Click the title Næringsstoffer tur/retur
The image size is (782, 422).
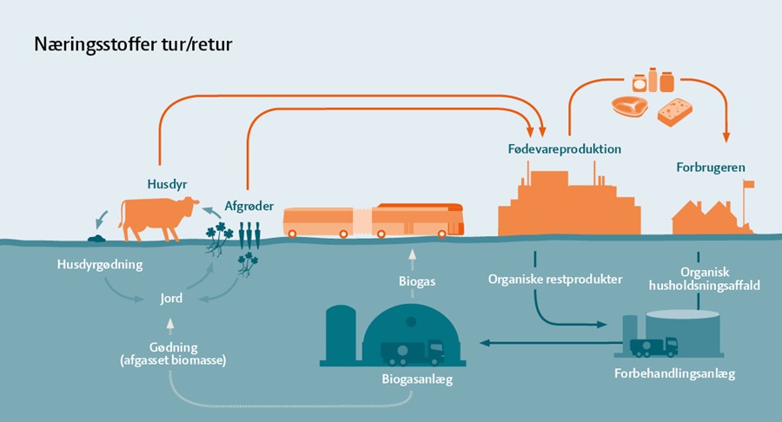pyautogui.click(x=133, y=43)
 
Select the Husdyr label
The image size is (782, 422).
pyautogui.click(x=168, y=183)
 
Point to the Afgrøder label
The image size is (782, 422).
pyautogui.click(x=250, y=206)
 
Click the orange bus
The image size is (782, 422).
pyautogui.click(x=374, y=221)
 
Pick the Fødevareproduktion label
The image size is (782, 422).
pyautogui.click(x=564, y=148)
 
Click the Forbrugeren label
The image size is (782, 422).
pyautogui.click(x=710, y=167)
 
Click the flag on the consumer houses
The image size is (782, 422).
pyautogui.click(x=747, y=184)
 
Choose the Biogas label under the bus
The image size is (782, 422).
pyautogui.click(x=417, y=280)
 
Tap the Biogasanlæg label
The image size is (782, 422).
pyautogui.click(x=416, y=379)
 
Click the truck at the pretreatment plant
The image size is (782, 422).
pyautogui.click(x=653, y=346)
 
